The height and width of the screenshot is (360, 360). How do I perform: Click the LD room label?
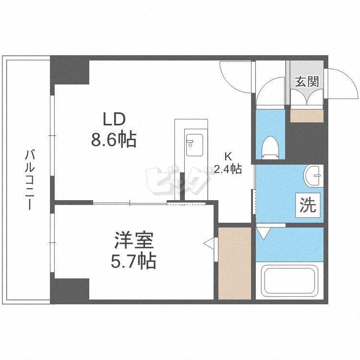point(114,119)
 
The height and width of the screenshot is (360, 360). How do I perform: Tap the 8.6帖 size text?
point(114,140)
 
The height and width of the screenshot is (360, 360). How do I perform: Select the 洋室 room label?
point(133,240)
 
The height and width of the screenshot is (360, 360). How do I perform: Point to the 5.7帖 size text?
point(133,261)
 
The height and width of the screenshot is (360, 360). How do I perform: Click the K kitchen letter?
point(228,156)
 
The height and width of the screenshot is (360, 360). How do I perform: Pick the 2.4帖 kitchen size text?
point(228,169)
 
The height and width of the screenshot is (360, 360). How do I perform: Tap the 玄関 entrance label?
point(307,81)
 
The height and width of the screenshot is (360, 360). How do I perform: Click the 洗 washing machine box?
point(308,205)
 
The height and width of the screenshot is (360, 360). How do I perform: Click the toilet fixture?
point(270,146)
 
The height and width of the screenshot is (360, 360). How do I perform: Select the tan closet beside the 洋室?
point(235,263)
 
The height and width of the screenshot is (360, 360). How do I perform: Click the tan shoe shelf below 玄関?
point(307,116)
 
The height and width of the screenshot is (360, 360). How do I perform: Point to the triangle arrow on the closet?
point(209,244)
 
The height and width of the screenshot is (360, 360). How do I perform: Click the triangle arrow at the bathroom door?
point(263,234)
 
